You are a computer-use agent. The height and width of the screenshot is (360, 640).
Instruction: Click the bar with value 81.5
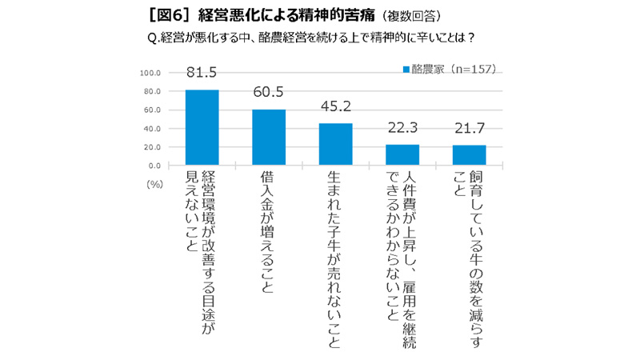[x=202, y=127]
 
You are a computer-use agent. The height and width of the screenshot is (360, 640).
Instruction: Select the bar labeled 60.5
[x=269, y=138]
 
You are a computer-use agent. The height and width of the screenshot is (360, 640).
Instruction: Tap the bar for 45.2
[x=335, y=145]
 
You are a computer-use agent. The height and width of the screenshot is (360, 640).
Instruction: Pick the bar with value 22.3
[x=402, y=155]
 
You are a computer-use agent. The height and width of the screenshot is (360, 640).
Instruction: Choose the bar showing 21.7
[x=469, y=155]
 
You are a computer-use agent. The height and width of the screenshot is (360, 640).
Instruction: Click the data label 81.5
[x=202, y=74]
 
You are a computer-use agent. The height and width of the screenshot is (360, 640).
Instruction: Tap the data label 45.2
[x=335, y=108]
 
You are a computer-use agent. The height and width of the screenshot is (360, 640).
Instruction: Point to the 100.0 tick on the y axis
[x=151, y=73]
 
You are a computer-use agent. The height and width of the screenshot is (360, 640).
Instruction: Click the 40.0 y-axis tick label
[x=153, y=129]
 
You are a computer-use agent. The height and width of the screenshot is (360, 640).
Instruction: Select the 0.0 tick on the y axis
[x=155, y=166]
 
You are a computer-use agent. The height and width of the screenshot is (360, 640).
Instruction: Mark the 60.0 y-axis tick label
[x=153, y=110]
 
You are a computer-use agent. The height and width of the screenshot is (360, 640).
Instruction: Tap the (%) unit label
[x=155, y=184]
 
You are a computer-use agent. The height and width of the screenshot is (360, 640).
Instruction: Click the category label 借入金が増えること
[x=269, y=232]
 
